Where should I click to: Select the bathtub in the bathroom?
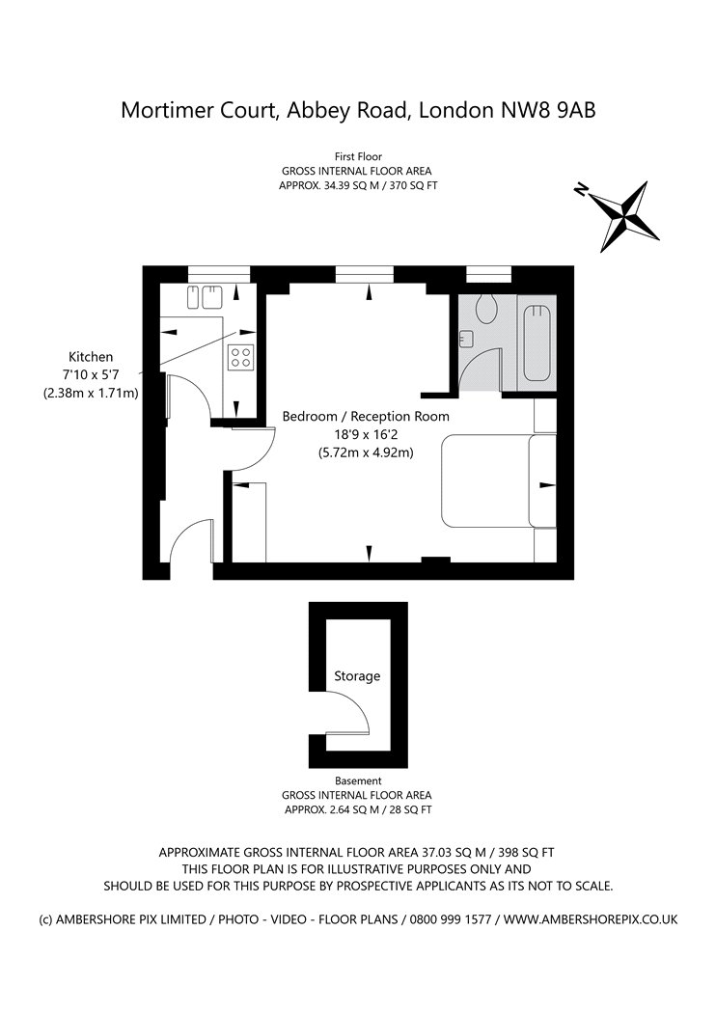[x=537, y=342]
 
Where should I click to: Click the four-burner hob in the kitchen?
[x=240, y=358]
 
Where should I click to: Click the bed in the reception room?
[x=498, y=480]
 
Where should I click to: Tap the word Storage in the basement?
[x=357, y=676]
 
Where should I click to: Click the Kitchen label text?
[x=91, y=356]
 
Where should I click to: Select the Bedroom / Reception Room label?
[x=366, y=416]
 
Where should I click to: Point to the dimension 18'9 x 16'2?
[x=366, y=434]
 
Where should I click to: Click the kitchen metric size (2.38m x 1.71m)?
[x=91, y=393]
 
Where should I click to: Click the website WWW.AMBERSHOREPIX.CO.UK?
[x=591, y=919]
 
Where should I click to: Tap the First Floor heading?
[x=358, y=155]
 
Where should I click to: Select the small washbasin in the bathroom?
[x=467, y=339]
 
